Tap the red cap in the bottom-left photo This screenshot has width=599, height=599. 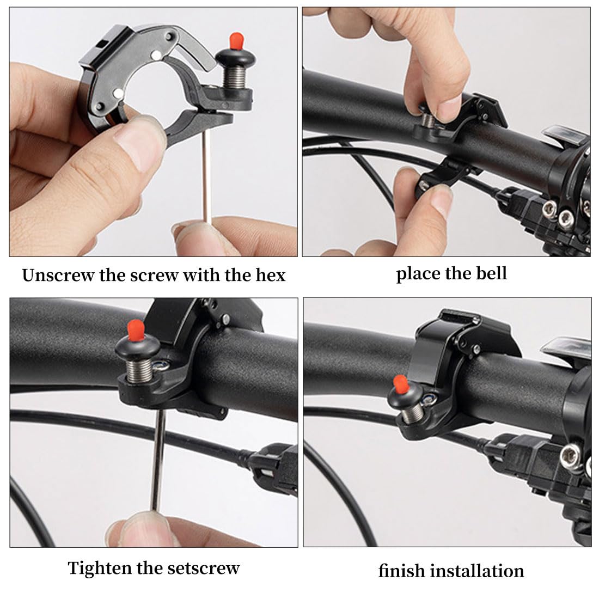[x=136, y=331]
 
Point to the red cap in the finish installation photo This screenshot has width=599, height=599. [x=400, y=384]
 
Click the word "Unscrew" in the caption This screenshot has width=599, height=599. [x=58, y=275]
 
